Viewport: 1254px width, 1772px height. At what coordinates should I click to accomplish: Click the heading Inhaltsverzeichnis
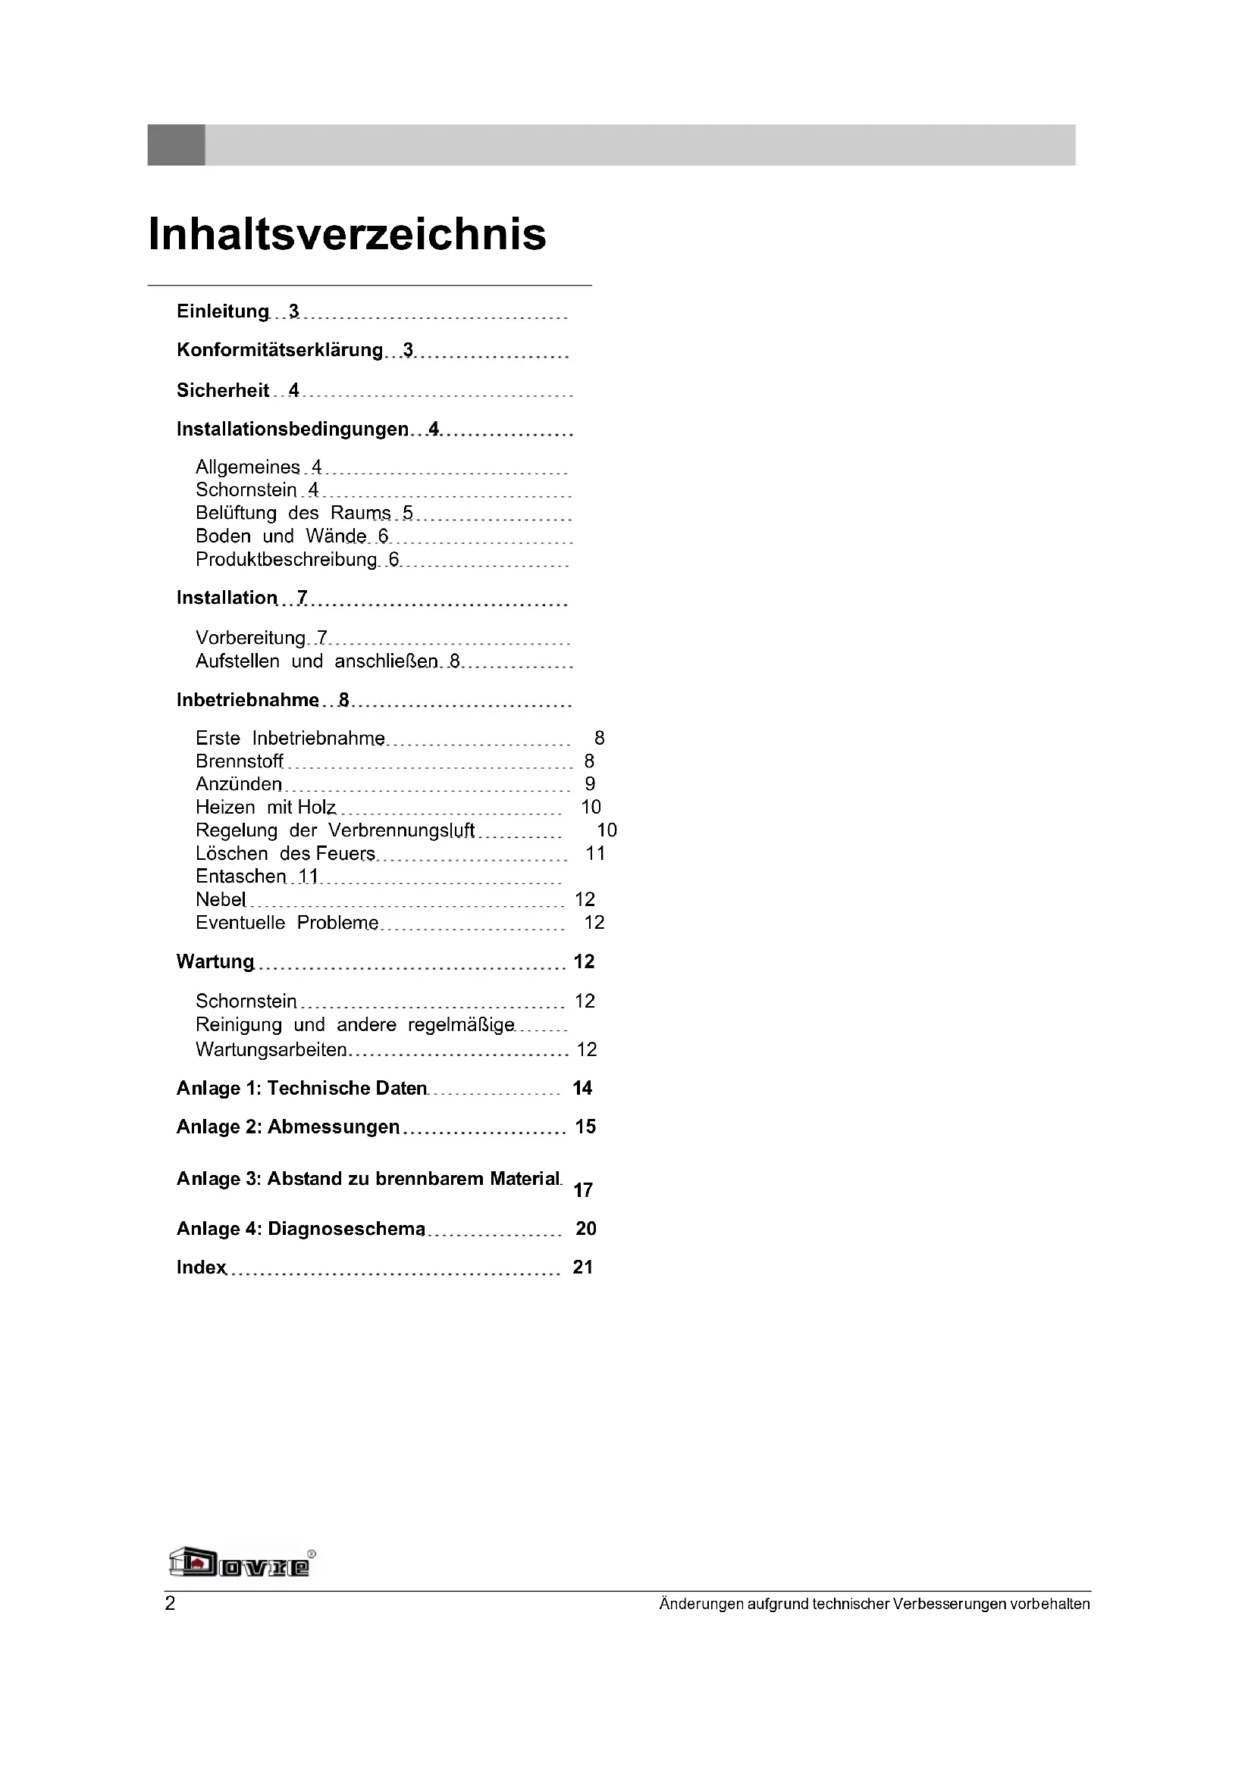tap(346, 234)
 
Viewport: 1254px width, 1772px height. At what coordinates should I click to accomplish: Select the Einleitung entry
tap(222, 312)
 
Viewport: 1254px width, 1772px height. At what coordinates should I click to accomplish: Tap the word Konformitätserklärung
tap(280, 351)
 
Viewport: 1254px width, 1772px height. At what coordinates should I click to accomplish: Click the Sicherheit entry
tap(222, 390)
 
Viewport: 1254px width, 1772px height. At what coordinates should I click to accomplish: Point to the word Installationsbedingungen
tap(292, 429)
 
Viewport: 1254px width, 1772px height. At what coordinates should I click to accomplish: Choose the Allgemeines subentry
tap(247, 467)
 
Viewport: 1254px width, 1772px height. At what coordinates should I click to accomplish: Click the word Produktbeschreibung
tap(286, 560)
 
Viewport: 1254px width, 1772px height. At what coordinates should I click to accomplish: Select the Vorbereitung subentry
tap(250, 638)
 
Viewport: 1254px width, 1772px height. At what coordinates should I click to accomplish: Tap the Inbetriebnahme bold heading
tap(247, 700)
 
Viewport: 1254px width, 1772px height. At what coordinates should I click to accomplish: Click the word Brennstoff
tap(240, 761)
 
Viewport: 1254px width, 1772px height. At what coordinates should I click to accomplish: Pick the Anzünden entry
tap(239, 784)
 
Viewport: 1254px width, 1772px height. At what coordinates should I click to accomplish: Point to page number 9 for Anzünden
tap(590, 784)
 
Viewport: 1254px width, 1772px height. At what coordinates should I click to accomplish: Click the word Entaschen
tap(240, 877)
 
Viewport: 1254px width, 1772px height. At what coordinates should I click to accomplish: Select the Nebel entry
tap(220, 900)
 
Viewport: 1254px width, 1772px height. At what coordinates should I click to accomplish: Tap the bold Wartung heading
tap(215, 961)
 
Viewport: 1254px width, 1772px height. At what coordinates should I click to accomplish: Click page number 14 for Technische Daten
tap(582, 1088)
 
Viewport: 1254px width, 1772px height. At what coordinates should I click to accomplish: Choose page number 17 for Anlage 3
tap(583, 1190)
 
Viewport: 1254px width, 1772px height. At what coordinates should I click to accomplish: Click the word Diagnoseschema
tap(346, 1229)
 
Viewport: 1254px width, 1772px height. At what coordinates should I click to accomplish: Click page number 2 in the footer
tap(170, 1604)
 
